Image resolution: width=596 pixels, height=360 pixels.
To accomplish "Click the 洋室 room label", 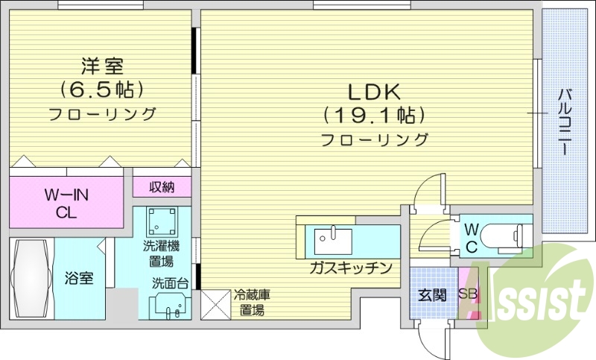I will click(x=102, y=66).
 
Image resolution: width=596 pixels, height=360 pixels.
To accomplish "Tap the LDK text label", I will click(x=375, y=92).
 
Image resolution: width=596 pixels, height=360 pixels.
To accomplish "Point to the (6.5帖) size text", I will click(x=102, y=90).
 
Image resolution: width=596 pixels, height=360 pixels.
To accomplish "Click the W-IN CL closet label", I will click(x=66, y=203).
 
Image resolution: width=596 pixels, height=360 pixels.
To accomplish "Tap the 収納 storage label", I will click(x=162, y=186).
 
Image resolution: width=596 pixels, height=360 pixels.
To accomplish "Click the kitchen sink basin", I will click(x=332, y=241).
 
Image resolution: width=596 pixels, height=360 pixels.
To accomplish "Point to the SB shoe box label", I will click(x=467, y=294).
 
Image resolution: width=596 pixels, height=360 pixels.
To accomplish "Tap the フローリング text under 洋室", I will click(x=102, y=114).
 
